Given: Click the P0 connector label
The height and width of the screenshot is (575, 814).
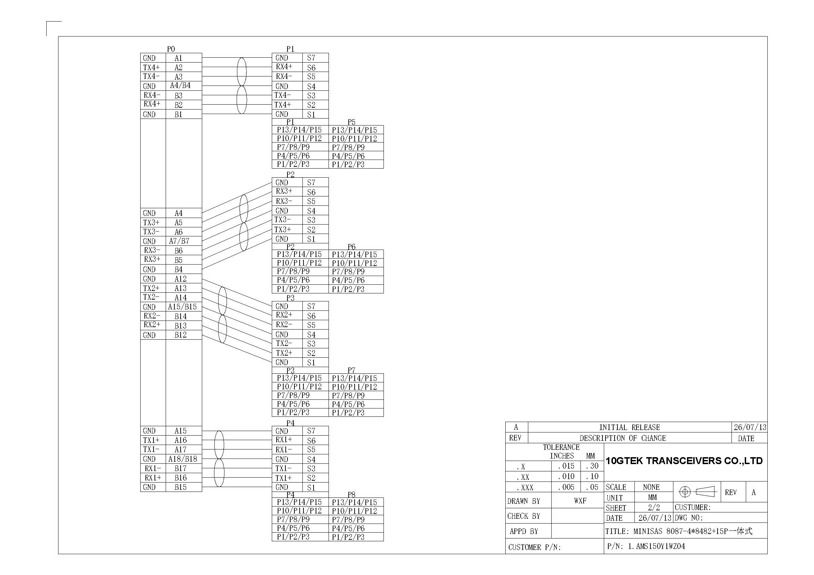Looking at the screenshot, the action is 171,49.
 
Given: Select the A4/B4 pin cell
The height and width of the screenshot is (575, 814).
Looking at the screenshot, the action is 184,86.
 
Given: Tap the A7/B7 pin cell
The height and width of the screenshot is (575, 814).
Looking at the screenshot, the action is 184,241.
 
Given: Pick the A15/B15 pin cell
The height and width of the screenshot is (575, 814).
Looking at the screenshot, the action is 184,307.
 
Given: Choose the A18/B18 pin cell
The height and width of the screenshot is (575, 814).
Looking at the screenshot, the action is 184,459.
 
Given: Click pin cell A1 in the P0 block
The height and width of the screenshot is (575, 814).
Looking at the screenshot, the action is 184,58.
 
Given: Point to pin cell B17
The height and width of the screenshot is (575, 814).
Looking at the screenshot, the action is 184,468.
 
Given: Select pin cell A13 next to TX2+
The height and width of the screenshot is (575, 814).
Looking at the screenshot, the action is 184,288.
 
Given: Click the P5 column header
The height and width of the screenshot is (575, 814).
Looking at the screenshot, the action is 351,122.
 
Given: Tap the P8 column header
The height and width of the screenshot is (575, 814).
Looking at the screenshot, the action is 351,494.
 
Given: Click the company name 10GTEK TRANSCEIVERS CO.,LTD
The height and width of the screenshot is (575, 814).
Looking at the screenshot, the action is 684,461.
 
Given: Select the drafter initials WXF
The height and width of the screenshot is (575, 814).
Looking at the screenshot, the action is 580,501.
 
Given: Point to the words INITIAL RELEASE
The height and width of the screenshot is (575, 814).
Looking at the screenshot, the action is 630,427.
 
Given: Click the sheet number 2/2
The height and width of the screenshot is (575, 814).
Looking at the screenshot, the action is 654,507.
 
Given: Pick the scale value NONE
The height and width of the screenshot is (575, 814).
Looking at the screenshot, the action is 651,487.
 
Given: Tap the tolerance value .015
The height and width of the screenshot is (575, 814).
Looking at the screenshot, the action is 566,466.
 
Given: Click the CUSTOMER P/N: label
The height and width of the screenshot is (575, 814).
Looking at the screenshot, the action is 534,547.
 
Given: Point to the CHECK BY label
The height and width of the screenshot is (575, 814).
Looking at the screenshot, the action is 524,516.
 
